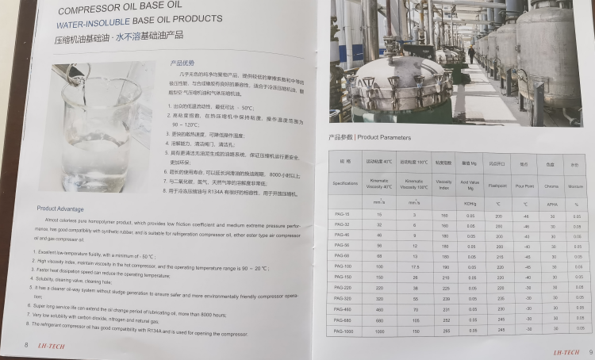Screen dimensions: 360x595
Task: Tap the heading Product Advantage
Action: pos(61,209)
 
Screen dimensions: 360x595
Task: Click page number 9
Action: pos(590,351)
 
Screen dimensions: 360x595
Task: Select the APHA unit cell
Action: pos(550,204)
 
